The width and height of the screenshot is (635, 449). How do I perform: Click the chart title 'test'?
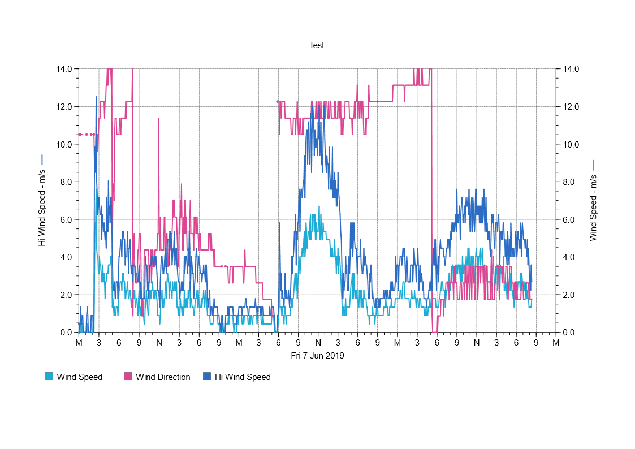coord(317,45)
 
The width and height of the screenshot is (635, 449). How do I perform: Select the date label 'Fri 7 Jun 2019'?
coord(317,356)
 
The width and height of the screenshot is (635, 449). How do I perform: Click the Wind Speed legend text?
coord(80,377)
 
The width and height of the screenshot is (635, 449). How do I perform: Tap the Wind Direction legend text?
coord(163,377)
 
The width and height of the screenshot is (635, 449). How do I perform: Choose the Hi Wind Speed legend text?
coord(243,377)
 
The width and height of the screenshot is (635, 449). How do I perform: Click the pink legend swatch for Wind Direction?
coord(128,377)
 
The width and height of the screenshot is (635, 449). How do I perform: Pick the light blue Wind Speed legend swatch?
coord(49,377)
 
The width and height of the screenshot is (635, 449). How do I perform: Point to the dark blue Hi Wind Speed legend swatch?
coord(207,377)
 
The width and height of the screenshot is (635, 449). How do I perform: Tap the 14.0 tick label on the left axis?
coord(64,69)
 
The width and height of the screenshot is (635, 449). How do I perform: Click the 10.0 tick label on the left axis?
coord(64,144)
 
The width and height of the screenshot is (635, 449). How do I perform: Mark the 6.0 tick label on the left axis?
coord(66,219)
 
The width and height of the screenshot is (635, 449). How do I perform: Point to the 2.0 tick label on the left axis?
coord(66,295)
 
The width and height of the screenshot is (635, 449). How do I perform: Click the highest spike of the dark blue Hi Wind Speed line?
coord(96,97)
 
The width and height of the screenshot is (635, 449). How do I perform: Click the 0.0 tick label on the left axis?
coord(66,333)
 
